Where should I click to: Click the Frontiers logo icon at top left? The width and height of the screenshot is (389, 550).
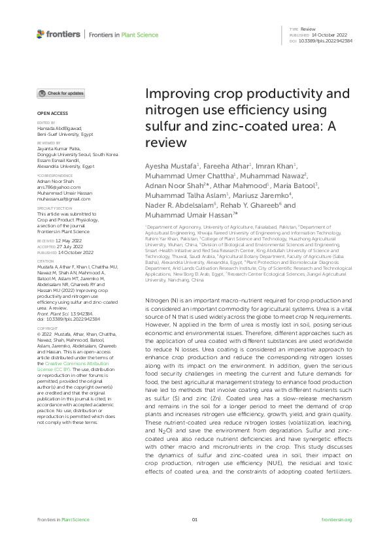pyautogui.click(x=41, y=34)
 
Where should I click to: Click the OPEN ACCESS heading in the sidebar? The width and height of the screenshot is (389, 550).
pyautogui.click(x=48, y=114)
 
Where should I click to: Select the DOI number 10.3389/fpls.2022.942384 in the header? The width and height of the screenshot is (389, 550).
pyautogui.click(x=326, y=40)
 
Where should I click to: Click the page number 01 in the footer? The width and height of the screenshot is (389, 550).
pyautogui.click(x=194, y=519)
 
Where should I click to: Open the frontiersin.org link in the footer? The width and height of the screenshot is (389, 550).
pyautogui.click(x=337, y=519)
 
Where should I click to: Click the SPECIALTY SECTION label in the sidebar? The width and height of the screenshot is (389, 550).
pyautogui.click(x=54, y=209)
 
